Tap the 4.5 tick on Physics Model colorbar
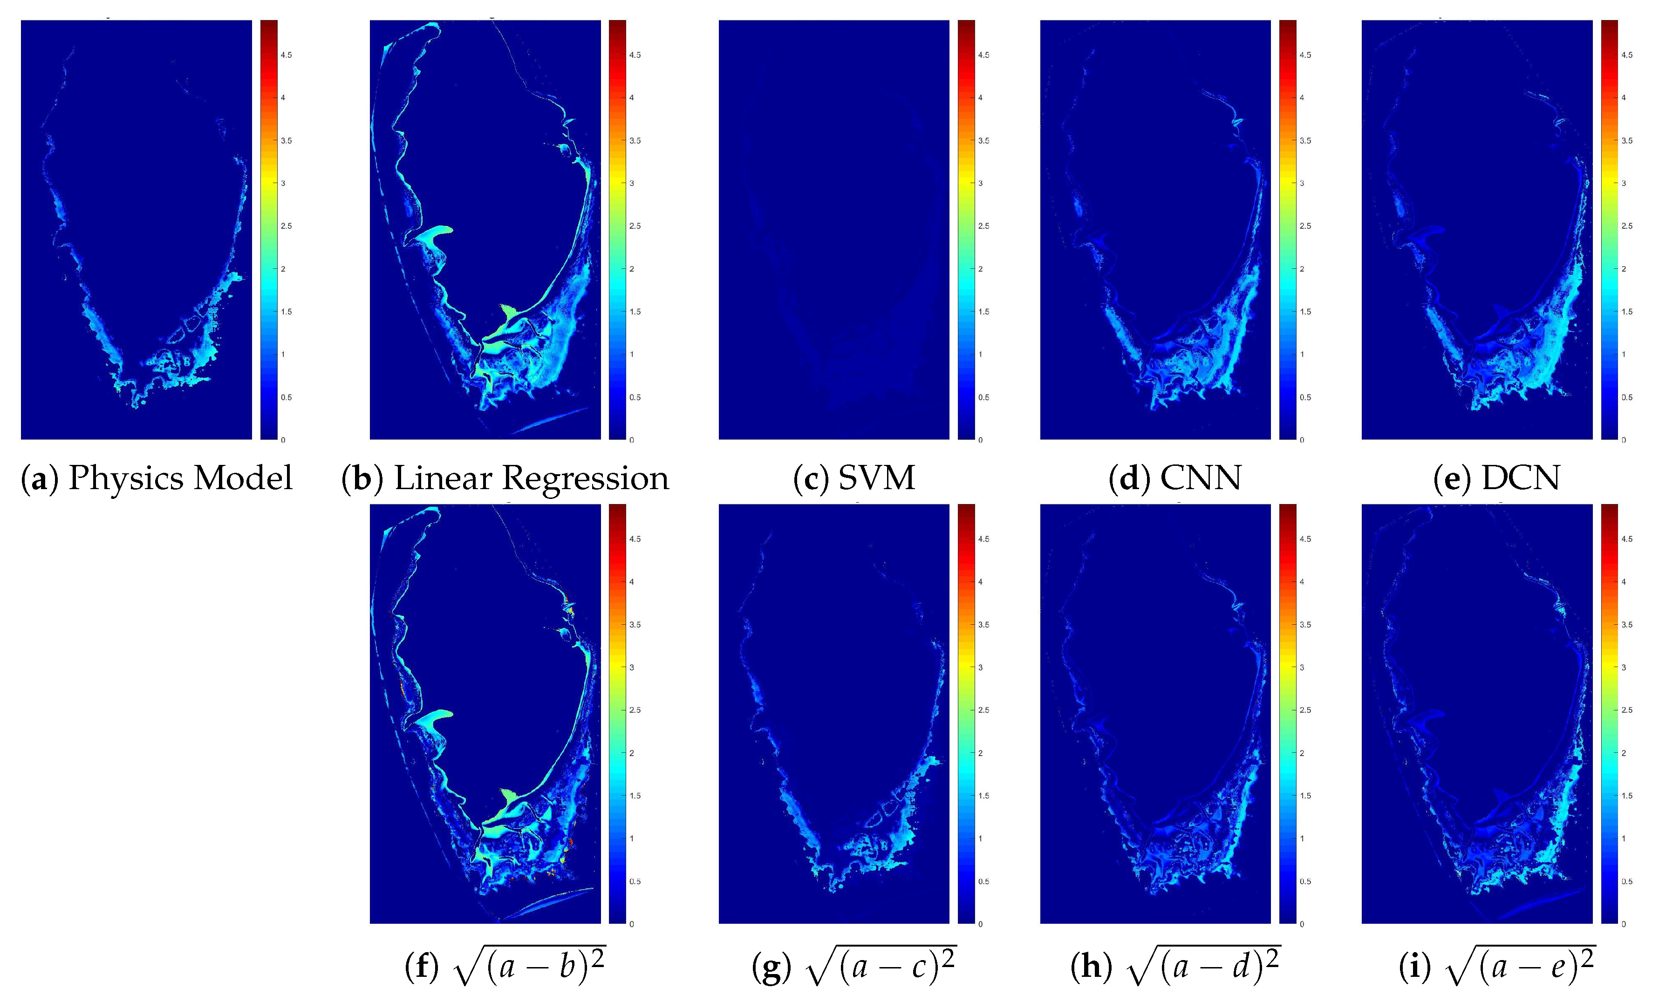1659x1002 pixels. pos(286,55)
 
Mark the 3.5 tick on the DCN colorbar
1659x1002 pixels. pos(1627,141)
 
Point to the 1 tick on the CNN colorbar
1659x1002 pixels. pos(1302,354)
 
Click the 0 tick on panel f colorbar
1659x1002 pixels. pos(632,924)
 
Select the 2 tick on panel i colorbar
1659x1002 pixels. pos(1624,753)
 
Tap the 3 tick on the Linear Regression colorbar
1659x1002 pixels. pos(632,183)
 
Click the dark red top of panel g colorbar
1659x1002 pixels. pos(966,509)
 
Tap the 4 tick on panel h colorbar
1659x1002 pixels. pos(1302,582)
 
